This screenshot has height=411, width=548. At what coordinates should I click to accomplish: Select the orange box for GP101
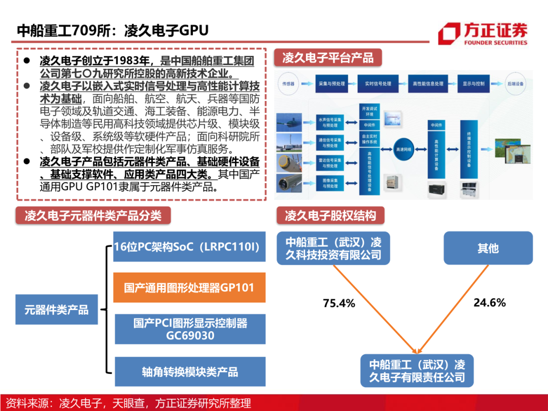(189, 288)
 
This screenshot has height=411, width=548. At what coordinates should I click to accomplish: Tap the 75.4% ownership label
(339, 303)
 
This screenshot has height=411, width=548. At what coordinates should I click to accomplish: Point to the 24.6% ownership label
(490, 303)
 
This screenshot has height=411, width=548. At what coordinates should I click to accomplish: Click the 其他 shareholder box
(488, 248)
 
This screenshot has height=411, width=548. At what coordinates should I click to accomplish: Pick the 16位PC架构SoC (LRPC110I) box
(189, 247)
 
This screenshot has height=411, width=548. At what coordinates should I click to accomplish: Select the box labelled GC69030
(189, 329)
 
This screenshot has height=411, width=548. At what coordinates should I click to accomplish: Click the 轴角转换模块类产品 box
(189, 372)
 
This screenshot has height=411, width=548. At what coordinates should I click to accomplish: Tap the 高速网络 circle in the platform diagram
(404, 149)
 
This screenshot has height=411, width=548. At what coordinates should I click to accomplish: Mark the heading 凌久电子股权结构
(330, 216)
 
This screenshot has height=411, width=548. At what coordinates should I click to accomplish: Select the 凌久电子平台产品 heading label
(328, 58)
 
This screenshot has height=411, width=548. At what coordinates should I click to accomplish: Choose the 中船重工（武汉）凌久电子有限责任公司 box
(417, 371)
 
